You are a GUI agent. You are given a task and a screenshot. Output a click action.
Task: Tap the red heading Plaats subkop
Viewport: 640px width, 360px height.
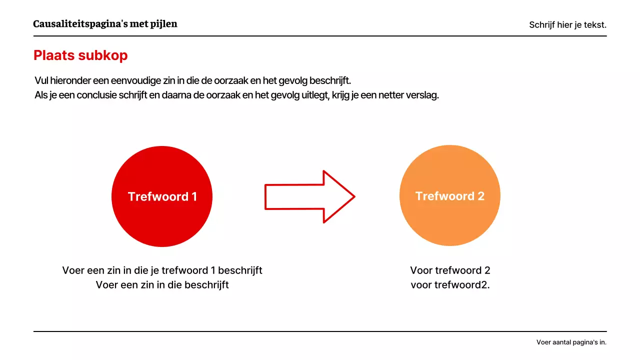(x=80, y=55)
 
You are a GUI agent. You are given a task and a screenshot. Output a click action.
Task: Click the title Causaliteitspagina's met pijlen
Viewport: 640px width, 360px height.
(x=105, y=24)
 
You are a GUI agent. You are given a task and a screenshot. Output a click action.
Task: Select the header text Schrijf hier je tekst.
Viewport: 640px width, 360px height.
(x=567, y=25)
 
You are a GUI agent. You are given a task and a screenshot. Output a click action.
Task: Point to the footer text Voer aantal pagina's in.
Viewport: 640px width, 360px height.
(x=571, y=342)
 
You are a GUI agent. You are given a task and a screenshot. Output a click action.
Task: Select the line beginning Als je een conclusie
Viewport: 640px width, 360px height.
(x=236, y=95)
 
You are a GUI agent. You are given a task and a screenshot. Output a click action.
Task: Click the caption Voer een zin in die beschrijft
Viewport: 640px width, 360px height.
(x=162, y=285)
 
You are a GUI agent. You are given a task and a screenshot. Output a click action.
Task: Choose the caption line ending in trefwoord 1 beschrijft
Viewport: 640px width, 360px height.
(x=162, y=270)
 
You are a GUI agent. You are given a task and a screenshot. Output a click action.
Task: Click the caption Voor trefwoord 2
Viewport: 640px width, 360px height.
(x=450, y=270)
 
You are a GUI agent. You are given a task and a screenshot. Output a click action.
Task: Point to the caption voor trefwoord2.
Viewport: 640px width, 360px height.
(x=450, y=285)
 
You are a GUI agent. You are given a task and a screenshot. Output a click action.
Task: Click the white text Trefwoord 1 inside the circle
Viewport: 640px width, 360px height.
(x=162, y=196)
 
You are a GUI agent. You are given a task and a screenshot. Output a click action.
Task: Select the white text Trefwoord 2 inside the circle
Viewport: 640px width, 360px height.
(x=450, y=196)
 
